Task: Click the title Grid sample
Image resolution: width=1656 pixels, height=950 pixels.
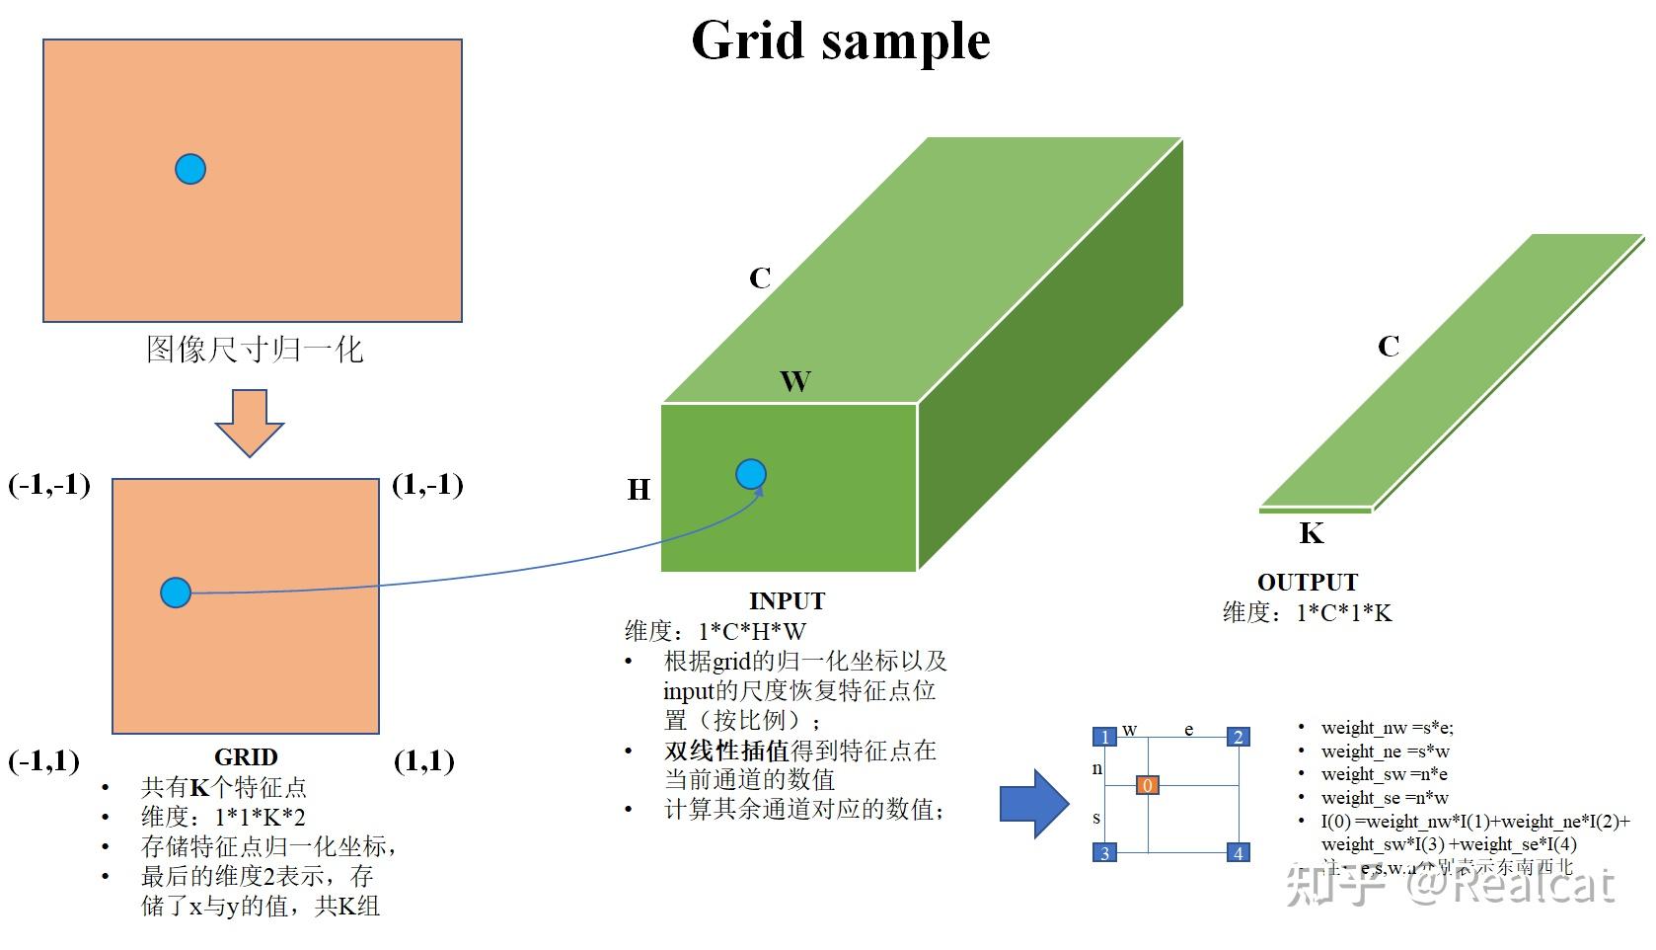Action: [840, 41]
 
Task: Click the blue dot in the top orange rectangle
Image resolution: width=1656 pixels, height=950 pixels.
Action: [190, 169]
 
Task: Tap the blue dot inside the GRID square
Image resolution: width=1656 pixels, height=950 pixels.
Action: [176, 593]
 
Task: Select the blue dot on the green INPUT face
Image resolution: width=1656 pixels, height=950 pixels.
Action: [751, 475]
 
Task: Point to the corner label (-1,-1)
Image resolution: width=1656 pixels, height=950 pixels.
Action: [49, 485]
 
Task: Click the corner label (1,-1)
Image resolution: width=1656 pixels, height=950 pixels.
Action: [427, 485]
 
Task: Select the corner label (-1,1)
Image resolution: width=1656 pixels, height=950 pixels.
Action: [44, 761]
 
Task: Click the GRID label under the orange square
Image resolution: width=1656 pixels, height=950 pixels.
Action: [246, 757]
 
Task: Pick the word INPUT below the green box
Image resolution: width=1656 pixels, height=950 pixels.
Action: [787, 601]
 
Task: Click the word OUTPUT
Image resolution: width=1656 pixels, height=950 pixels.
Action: [1307, 583]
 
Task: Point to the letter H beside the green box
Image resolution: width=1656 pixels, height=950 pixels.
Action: [640, 490]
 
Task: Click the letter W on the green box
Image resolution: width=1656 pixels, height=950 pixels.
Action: [795, 382]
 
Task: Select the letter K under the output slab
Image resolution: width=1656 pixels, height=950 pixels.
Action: [1311, 534]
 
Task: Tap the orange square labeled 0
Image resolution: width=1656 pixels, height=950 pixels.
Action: [1147, 786]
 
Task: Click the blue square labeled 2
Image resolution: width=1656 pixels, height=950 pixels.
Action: [1238, 737]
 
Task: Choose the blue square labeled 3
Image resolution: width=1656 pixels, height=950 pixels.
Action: [1104, 853]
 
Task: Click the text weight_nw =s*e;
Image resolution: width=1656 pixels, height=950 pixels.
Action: [1387, 729]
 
